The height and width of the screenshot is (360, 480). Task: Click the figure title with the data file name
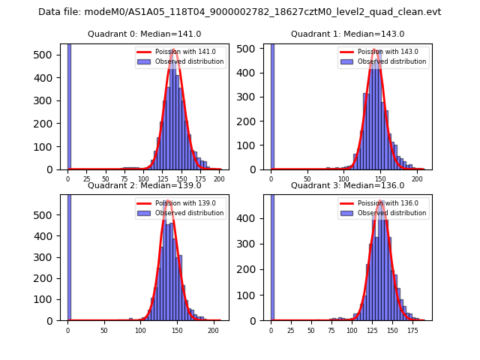239,12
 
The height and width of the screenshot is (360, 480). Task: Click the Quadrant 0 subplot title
144,34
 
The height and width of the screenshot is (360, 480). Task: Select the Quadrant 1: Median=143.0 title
347,34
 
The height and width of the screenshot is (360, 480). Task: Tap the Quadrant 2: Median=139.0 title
144,185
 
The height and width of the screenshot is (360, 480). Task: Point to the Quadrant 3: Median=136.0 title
347,185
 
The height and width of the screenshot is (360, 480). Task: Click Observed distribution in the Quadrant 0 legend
189,61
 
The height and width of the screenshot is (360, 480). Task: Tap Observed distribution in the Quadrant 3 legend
391,213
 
